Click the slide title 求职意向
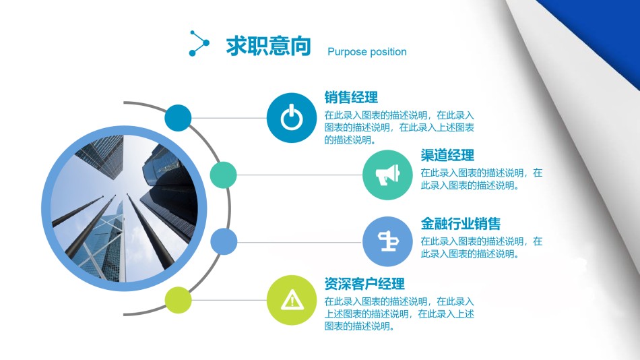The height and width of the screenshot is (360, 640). [x=268, y=46]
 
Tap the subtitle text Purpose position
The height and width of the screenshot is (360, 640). [x=366, y=52]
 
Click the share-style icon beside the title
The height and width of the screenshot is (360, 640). [x=199, y=43]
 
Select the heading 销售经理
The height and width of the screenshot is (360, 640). [x=351, y=97]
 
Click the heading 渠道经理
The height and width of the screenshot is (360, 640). [x=447, y=156]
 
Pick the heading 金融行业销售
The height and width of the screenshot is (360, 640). [x=461, y=224]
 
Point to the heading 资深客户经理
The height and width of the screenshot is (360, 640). [x=364, y=284]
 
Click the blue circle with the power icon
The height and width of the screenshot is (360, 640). [x=291, y=118]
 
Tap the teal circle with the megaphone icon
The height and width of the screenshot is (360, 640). [x=387, y=175]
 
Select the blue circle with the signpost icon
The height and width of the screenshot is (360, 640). [x=387, y=242]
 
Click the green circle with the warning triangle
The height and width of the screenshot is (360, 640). [x=291, y=300]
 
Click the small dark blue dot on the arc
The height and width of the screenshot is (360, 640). [x=179, y=118]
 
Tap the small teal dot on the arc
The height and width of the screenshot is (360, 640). [x=224, y=175]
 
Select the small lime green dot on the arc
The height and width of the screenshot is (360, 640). [x=179, y=300]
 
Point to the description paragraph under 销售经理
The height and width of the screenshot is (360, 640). [x=399, y=127]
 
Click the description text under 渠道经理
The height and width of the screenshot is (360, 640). [x=481, y=179]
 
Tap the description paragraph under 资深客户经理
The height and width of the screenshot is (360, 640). [x=399, y=313]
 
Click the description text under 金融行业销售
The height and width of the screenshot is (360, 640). [x=481, y=247]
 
